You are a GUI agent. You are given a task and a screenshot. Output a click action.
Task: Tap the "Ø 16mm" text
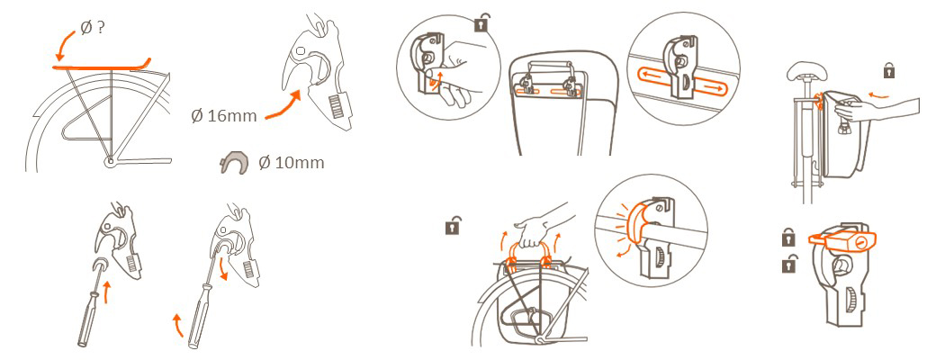click(224, 116)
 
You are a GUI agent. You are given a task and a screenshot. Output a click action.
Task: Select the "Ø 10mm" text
click(292, 162)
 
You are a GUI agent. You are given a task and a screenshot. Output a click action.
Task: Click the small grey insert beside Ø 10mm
click(235, 162)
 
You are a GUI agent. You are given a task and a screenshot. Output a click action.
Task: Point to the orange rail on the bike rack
click(102, 67)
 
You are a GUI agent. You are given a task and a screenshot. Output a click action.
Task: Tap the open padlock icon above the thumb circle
click(481, 23)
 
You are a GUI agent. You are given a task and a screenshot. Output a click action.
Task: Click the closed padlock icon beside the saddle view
click(889, 71)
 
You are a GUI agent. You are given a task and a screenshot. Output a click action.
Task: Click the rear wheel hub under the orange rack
click(109, 161)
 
